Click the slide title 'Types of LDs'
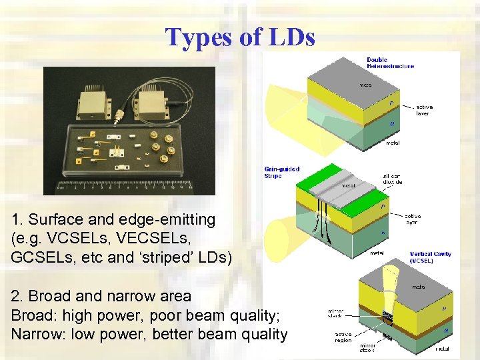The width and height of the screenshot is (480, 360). (240, 37)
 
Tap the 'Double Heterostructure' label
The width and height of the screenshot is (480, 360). (390, 63)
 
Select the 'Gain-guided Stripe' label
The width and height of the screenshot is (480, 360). (282, 173)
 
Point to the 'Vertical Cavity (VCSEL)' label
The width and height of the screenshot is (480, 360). (430, 257)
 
